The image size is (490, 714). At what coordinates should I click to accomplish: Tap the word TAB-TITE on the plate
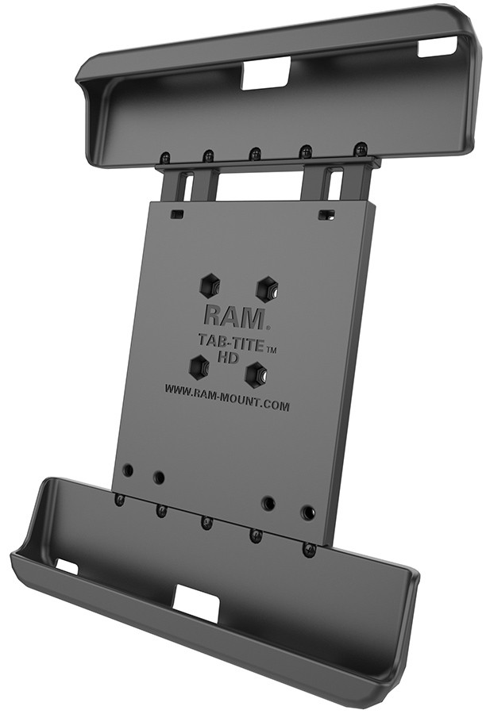(x=226, y=343)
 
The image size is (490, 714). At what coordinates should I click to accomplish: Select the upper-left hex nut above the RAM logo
(x=210, y=282)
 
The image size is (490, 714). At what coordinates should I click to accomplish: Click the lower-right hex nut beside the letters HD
(x=254, y=371)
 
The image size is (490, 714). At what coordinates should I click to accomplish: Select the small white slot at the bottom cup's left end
(x=68, y=566)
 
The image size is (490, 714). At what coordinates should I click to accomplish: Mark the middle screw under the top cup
(x=254, y=152)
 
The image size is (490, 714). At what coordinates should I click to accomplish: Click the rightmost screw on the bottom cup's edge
(x=309, y=549)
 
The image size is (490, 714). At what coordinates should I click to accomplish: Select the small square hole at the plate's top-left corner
(x=177, y=214)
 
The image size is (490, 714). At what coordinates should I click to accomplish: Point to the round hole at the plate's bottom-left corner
(x=127, y=470)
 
